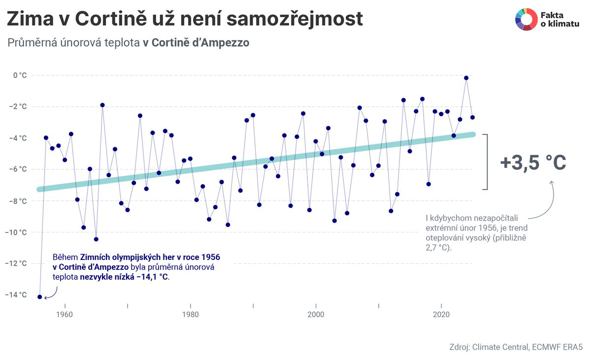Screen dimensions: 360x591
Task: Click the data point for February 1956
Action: [40, 297]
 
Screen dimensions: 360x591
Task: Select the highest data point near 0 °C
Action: [466, 78]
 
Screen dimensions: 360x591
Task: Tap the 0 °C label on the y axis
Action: [20, 75]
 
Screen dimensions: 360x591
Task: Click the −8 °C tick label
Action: [18, 201]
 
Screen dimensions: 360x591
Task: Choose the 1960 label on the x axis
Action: [65, 315]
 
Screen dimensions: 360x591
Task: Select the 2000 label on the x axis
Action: [316, 315]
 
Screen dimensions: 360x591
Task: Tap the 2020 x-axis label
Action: [441, 315]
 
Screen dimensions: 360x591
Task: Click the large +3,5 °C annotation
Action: [533, 163]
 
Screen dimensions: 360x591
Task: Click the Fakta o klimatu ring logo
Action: [526, 20]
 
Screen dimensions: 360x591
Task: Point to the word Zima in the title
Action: [33, 20]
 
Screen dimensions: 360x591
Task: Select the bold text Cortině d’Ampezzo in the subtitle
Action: [200, 43]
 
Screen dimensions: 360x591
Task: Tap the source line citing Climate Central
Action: [516, 347]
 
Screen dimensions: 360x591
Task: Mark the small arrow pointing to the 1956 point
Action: [52, 294]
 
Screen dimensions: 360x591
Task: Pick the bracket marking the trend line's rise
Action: [486, 162]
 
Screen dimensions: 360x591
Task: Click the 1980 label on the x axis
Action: [190, 315]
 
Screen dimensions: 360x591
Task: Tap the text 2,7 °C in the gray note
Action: [437, 247]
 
